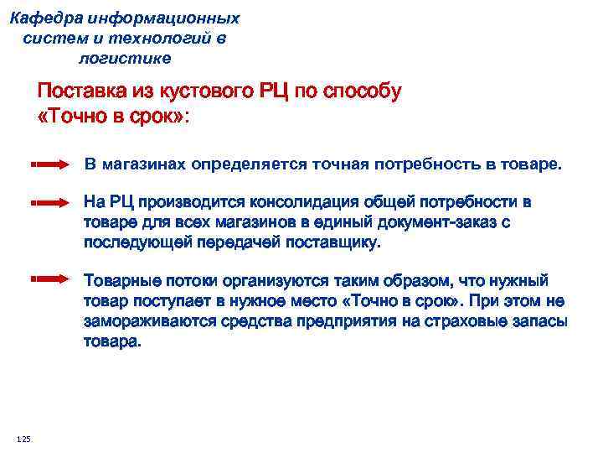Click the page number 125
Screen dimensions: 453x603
[x=23, y=439]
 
